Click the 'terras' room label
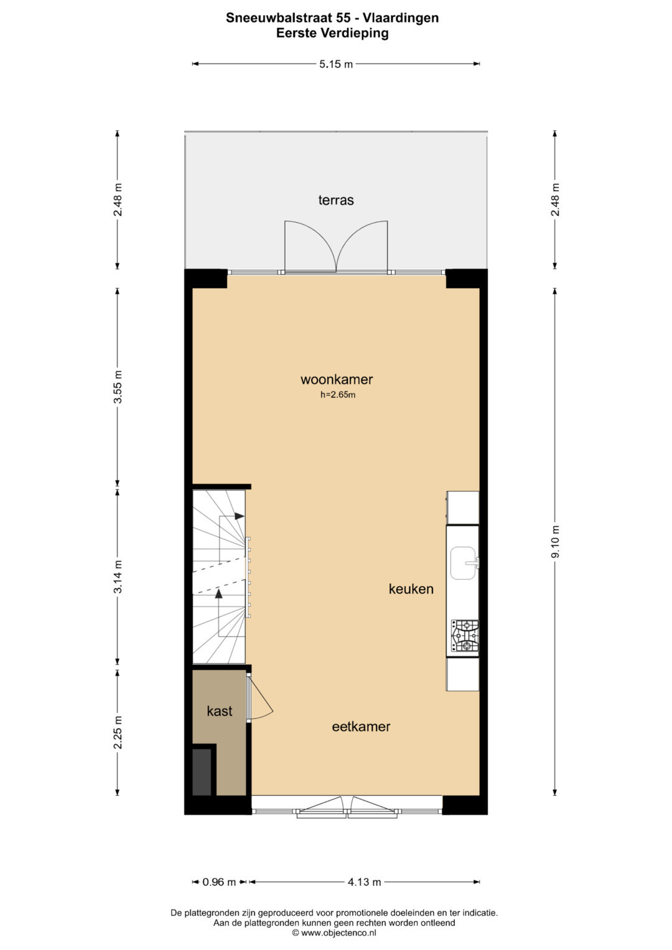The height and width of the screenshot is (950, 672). click(336, 200)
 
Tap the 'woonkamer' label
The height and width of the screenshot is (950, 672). click(337, 379)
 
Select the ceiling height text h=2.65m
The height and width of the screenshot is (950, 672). click(338, 395)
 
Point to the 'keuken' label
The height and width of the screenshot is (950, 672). click(411, 589)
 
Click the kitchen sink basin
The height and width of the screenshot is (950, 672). click(463, 563)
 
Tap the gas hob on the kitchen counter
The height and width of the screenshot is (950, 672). click(465, 636)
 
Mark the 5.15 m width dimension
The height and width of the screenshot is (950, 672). click(336, 65)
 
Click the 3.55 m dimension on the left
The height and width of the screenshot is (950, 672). click(118, 387)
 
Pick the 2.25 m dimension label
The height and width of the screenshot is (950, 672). click(118, 732)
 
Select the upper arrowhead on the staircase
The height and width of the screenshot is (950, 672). click(240, 516)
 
